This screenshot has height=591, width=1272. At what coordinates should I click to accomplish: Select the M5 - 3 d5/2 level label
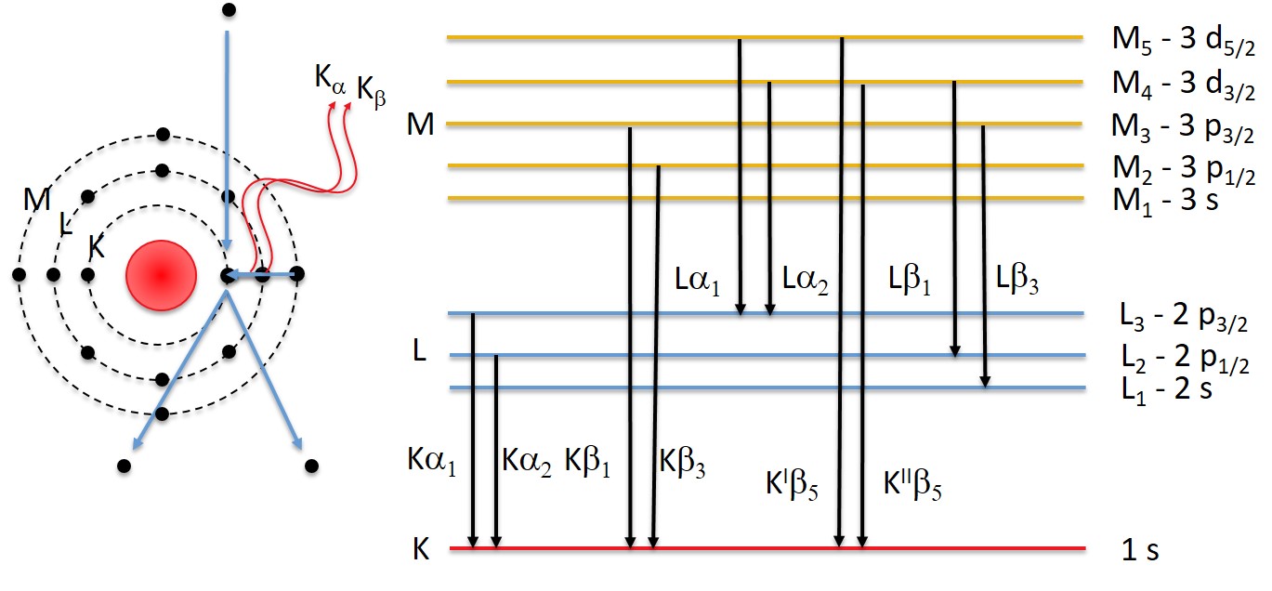pyautogui.click(x=1184, y=41)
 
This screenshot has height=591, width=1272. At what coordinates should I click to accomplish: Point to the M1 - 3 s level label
pyautogui.click(x=1165, y=200)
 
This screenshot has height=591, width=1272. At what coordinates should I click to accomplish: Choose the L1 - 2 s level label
pyautogui.click(x=1166, y=389)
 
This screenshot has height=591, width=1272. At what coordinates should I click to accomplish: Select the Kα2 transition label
pyautogui.click(x=527, y=460)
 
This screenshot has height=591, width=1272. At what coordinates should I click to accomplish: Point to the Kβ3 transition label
pyautogui.click(x=682, y=460)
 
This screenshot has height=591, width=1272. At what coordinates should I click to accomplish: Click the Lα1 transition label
pyautogui.click(x=699, y=278)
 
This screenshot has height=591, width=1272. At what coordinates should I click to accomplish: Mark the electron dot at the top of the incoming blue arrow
pyautogui.click(x=228, y=10)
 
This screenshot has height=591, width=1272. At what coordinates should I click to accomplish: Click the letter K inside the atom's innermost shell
pyautogui.click(x=96, y=247)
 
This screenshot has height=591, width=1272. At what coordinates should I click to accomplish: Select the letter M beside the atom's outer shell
pyautogui.click(x=38, y=199)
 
